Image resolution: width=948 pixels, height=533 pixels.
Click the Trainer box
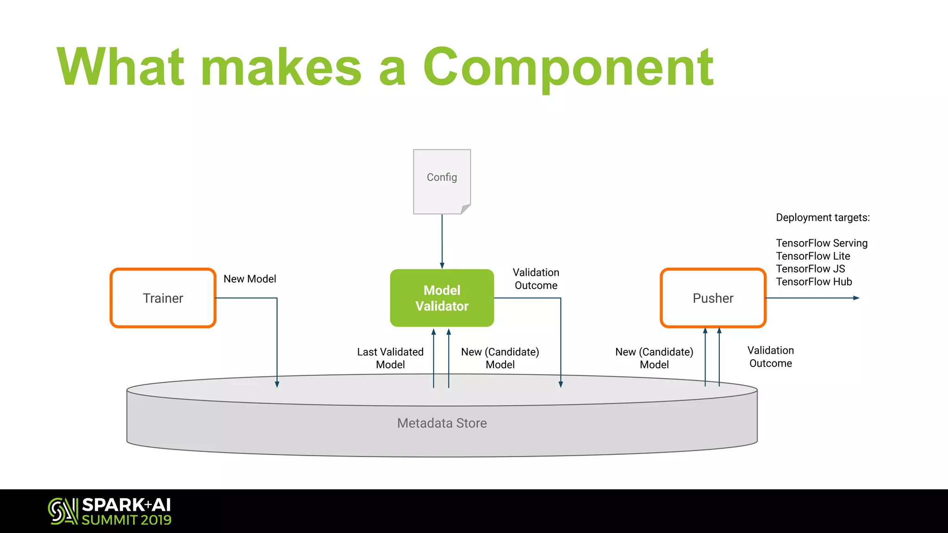click(x=163, y=298)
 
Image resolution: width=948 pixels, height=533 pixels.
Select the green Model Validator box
click(x=442, y=298)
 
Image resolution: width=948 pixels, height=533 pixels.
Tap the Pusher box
click(x=713, y=298)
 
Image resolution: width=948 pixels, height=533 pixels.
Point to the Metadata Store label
click(x=442, y=423)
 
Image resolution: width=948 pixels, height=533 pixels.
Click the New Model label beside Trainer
click(x=249, y=279)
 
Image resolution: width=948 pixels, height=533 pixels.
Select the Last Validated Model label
click(x=390, y=358)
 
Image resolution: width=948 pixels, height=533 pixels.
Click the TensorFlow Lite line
click(x=813, y=256)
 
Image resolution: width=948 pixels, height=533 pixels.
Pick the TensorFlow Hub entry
click(x=814, y=282)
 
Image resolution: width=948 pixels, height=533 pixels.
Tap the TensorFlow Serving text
click(x=822, y=243)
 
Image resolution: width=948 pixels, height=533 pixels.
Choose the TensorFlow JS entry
click(x=810, y=269)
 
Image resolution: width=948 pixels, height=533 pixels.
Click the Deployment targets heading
click(x=823, y=217)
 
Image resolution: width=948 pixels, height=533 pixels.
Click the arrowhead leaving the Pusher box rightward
click(x=856, y=298)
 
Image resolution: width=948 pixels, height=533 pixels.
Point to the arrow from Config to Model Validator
click(x=442, y=241)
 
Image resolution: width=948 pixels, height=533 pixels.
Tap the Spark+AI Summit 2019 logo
click(x=110, y=511)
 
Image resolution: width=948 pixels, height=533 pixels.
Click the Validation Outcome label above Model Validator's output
click(x=536, y=279)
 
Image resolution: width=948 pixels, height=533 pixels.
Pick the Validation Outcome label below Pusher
click(x=770, y=357)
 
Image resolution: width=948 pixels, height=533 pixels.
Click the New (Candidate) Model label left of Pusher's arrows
click(x=654, y=358)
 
